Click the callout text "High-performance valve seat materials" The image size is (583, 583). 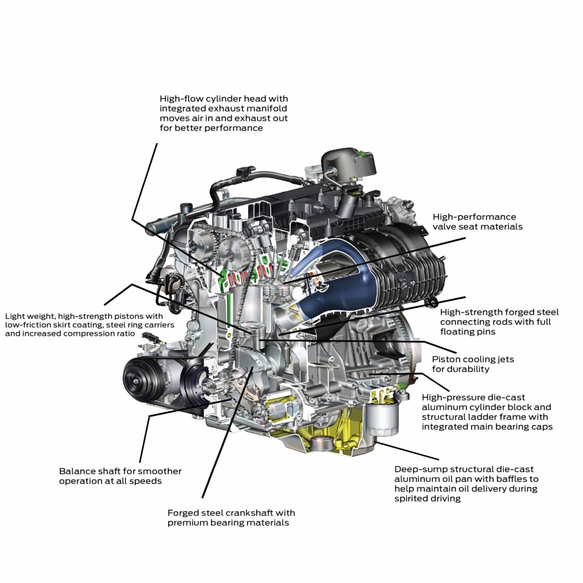pos(477,222)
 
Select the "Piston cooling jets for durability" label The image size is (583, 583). pos(473,364)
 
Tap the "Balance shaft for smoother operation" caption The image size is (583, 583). pos(120,476)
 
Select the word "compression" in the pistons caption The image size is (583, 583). pos(92,334)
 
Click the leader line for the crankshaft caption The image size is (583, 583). pos(227,432)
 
